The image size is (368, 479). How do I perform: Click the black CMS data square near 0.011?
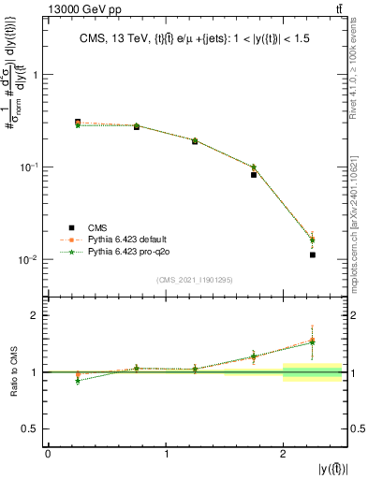(313, 254)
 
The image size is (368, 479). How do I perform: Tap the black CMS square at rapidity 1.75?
(254, 175)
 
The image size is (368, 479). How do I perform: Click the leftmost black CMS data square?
(78, 123)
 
